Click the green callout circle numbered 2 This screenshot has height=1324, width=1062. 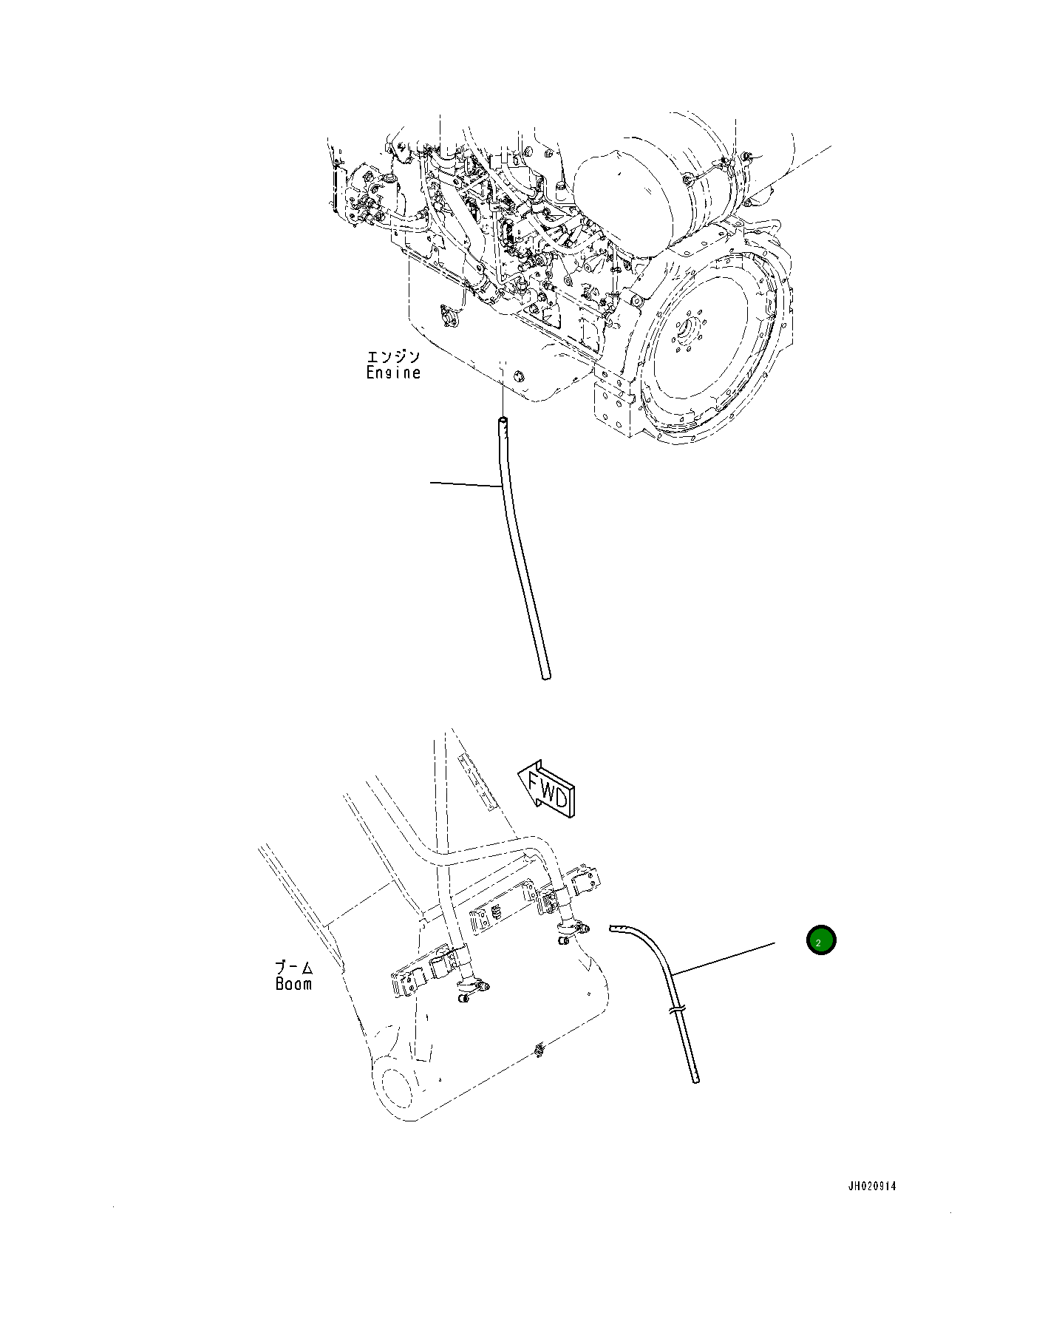(820, 940)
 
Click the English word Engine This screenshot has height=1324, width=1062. (393, 373)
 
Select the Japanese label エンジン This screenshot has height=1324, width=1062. (393, 357)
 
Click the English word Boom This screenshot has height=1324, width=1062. (293, 984)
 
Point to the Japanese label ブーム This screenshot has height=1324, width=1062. (294, 967)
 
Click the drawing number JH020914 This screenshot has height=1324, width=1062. (871, 1186)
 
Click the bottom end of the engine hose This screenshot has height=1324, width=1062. (545, 676)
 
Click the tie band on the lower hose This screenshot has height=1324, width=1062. (677, 1008)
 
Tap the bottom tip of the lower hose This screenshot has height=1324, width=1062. (695, 1080)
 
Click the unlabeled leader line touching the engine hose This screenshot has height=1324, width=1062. (466, 484)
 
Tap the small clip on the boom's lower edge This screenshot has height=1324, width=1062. (539, 1049)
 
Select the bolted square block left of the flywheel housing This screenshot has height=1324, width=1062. (613, 407)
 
